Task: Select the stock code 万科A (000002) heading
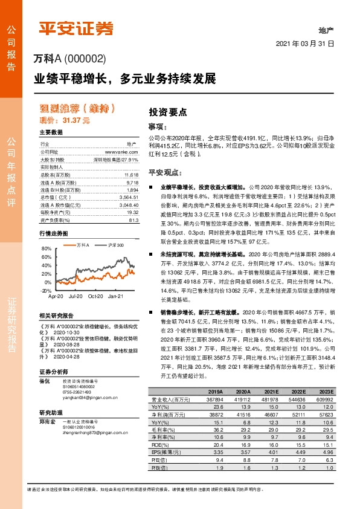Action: [70, 59]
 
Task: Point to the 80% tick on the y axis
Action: [47, 248]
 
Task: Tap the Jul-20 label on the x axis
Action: [76, 296]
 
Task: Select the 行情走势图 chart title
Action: [53, 233]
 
